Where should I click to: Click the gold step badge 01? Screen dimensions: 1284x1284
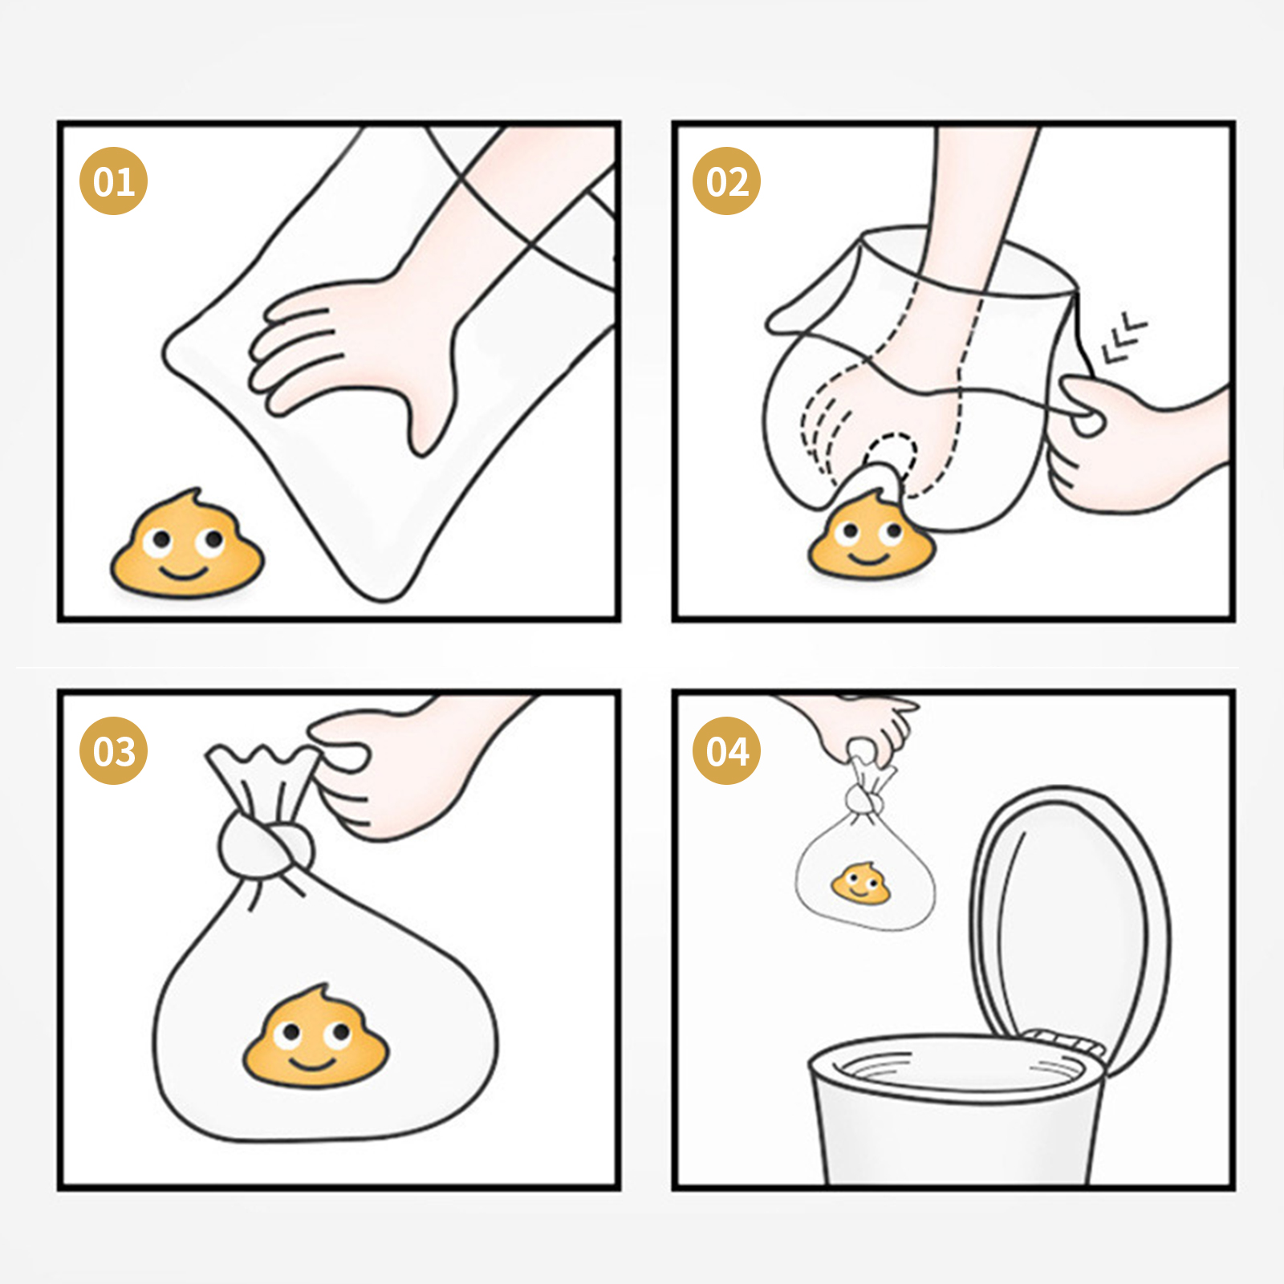(x=113, y=181)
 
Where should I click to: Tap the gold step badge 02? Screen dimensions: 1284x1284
(x=726, y=181)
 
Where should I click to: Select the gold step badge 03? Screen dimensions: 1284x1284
(x=113, y=751)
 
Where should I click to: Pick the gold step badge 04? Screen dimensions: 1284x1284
(x=726, y=751)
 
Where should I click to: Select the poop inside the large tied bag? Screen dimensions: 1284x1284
(x=315, y=1035)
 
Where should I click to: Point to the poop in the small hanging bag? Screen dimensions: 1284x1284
(x=861, y=883)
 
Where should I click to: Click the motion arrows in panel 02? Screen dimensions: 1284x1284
(x=1124, y=338)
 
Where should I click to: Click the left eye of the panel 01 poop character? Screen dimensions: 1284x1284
(x=160, y=542)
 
